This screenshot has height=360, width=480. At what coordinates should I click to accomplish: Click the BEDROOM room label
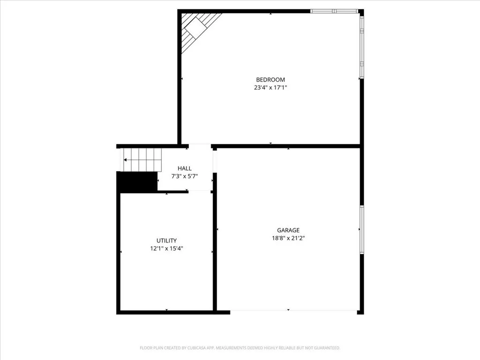click(270, 80)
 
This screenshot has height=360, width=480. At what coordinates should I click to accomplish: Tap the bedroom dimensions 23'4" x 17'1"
click(270, 87)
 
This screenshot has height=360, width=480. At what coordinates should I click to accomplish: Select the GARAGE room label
click(288, 230)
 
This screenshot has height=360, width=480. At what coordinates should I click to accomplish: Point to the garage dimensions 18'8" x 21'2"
click(288, 238)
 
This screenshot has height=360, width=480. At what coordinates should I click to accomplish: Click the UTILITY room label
click(166, 240)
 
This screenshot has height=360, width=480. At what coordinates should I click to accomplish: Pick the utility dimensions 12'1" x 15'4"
click(166, 248)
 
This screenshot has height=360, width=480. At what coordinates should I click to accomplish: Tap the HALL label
click(184, 168)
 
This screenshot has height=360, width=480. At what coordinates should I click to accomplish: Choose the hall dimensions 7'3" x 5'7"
click(184, 176)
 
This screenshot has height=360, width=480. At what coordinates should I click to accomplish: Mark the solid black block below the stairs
click(137, 182)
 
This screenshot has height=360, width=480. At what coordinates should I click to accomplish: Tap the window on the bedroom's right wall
click(361, 47)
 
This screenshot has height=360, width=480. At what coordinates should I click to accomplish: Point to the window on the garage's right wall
click(361, 229)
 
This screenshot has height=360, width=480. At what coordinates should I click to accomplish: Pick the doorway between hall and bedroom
click(200, 146)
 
